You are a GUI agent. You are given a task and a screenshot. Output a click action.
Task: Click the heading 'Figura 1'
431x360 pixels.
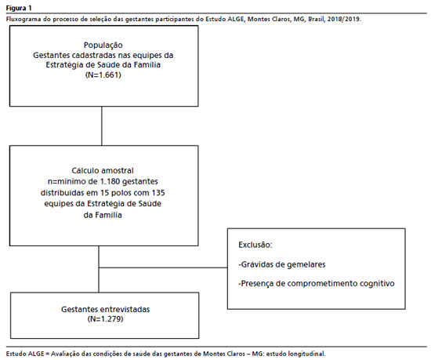(x=19, y=8)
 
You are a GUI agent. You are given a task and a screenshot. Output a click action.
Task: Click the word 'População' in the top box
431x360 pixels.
(x=103, y=45)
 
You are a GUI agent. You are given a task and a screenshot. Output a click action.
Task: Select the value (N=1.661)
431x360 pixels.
(x=103, y=75)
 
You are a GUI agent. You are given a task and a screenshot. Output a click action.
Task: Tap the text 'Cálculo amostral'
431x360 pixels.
(x=103, y=170)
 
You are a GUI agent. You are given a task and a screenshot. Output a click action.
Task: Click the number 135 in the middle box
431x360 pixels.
(x=158, y=192)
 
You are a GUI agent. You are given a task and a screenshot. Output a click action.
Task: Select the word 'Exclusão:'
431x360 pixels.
(x=255, y=245)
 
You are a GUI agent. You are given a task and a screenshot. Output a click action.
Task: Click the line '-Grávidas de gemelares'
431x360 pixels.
(x=282, y=264)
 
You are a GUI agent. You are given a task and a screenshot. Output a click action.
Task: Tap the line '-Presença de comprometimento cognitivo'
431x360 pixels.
(x=317, y=284)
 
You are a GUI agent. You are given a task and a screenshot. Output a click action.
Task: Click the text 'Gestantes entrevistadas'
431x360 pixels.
(x=105, y=309)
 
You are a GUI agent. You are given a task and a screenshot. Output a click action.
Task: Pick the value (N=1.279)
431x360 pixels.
(x=105, y=318)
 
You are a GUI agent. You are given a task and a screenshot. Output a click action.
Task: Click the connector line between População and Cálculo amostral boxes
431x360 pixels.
(x=102, y=126)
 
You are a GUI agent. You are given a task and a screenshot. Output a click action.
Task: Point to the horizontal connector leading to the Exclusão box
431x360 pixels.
(x=163, y=267)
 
